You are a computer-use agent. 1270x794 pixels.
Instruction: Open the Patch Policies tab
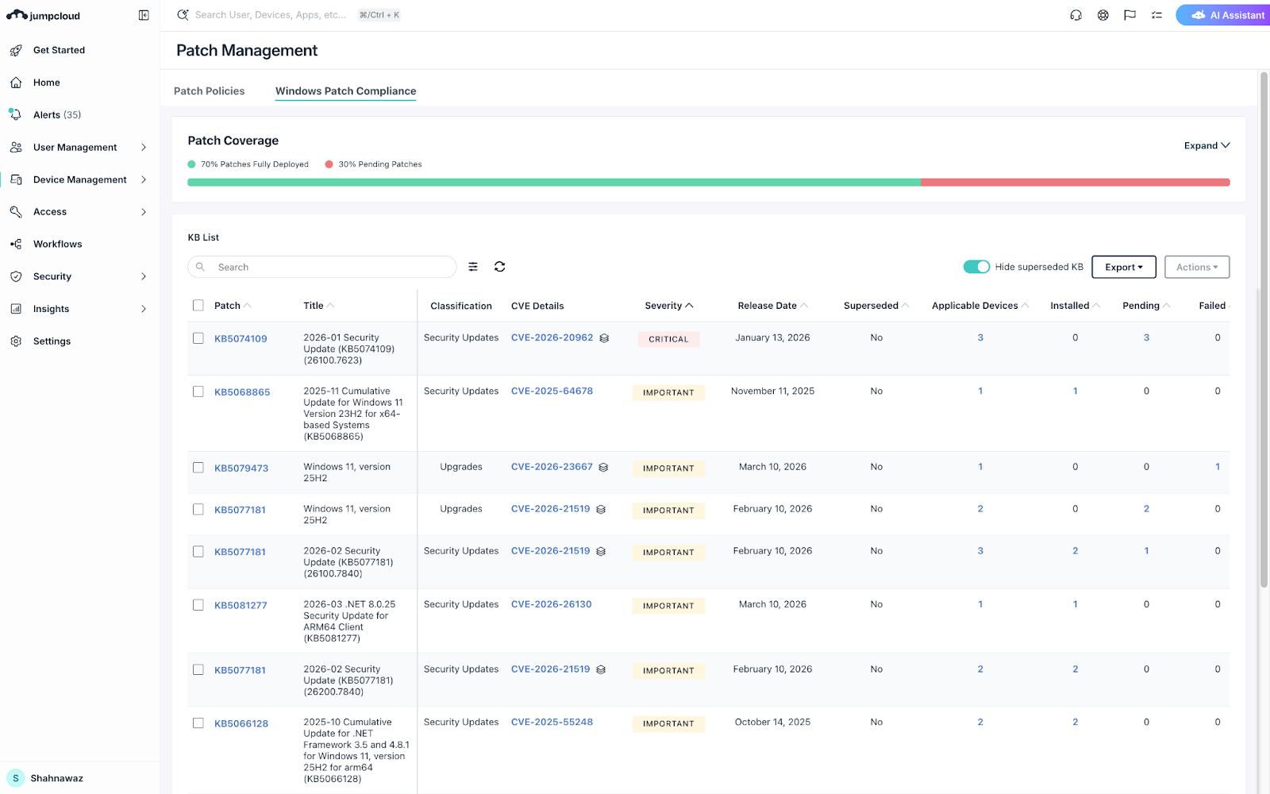pyautogui.click(x=209, y=91)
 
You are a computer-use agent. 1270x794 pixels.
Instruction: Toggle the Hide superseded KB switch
pyautogui.click(x=976, y=267)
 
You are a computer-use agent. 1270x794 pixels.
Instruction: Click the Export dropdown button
pyautogui.click(x=1123, y=268)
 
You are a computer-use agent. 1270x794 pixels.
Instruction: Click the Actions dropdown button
pyautogui.click(x=1196, y=268)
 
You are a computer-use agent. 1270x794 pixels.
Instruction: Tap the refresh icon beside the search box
pyautogui.click(x=499, y=267)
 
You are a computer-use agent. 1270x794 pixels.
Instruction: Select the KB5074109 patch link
pyautogui.click(x=241, y=339)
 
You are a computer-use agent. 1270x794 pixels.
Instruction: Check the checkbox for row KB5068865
pyautogui.click(x=198, y=391)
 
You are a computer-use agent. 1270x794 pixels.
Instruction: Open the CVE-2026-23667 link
pyautogui.click(x=552, y=467)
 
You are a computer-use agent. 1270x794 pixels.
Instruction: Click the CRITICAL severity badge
pyautogui.click(x=668, y=339)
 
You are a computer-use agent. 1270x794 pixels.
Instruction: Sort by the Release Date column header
pyautogui.click(x=767, y=306)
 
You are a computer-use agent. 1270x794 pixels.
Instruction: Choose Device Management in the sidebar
pyautogui.click(x=79, y=180)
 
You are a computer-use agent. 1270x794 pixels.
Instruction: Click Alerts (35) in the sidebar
pyautogui.click(x=56, y=115)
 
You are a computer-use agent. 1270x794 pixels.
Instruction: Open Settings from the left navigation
pyautogui.click(x=52, y=341)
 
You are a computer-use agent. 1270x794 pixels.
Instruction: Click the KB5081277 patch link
pyautogui.click(x=241, y=606)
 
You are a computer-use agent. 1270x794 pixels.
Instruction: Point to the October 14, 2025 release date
pyautogui.click(x=772, y=723)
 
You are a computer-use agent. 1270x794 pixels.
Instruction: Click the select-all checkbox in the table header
pyautogui.click(x=198, y=306)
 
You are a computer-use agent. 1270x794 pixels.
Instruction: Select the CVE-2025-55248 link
pyautogui.click(x=552, y=723)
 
